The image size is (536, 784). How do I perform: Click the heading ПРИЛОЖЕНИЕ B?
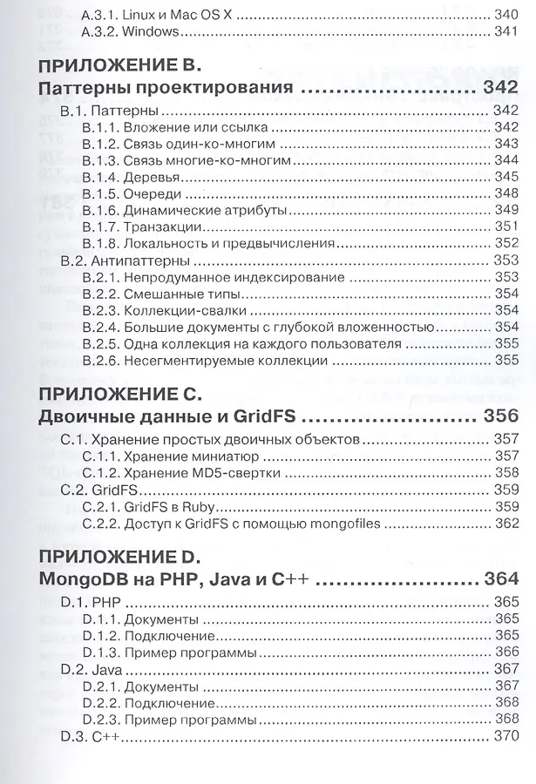coord(120,64)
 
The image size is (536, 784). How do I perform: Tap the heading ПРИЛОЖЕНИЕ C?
coord(120,391)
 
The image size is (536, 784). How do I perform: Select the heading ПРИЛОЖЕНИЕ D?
coord(120,555)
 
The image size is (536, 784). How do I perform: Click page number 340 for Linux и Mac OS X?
coord(505,15)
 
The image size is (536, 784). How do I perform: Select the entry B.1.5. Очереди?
coord(130,193)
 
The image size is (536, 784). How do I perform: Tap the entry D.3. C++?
coord(90,736)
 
